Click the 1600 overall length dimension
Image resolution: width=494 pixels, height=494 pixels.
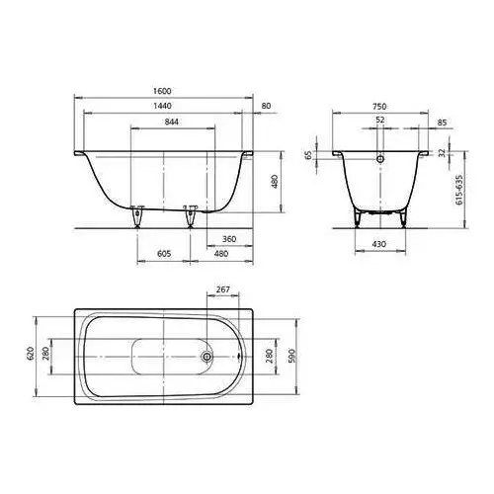162,91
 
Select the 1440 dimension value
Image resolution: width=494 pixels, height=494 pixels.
162,106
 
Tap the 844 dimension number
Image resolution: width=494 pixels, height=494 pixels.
172,122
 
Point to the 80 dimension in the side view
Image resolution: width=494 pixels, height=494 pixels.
266,106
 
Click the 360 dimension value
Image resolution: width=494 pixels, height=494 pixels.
229,239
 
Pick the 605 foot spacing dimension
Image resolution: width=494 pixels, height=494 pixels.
164,254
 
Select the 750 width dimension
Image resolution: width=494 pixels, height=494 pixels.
379,107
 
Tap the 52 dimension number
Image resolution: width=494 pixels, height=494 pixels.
380,120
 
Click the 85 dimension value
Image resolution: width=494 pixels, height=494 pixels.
442,123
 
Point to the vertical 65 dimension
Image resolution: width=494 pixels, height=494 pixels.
308,155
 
